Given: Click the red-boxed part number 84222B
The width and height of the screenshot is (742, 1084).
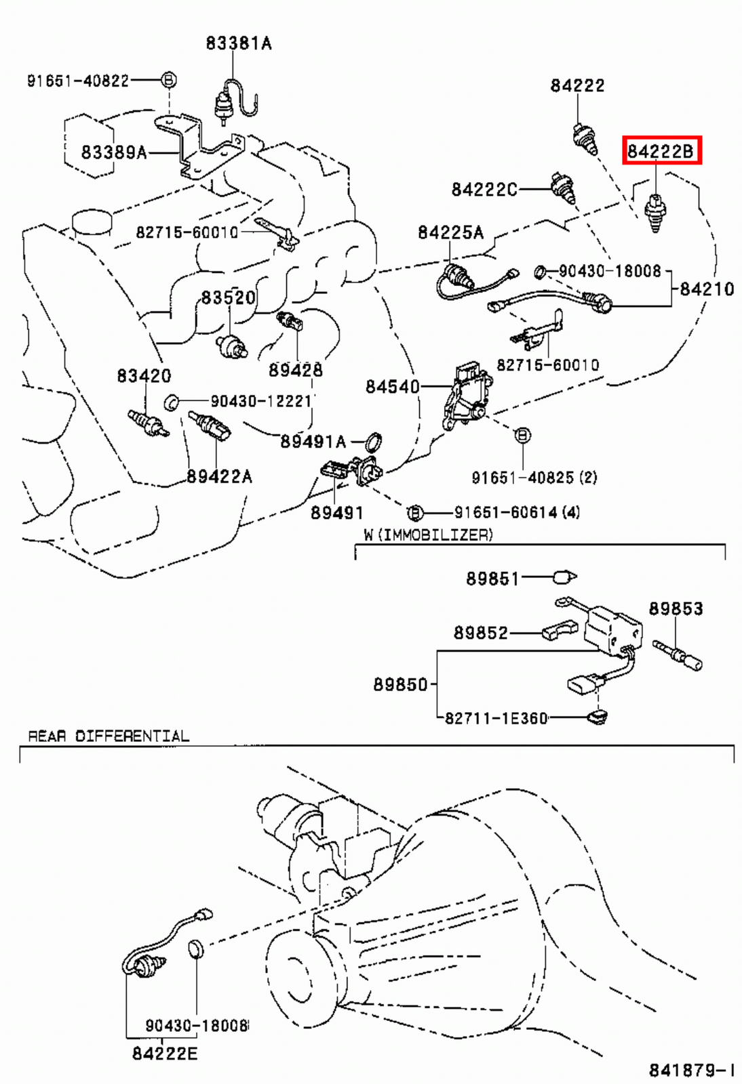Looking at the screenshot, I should point(661,150).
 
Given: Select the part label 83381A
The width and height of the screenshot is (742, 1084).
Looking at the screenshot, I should point(238,43).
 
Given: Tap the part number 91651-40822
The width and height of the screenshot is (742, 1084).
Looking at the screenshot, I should point(78,81).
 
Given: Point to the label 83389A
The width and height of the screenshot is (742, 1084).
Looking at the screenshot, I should point(113,152).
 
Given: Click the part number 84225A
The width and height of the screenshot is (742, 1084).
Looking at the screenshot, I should point(450,232).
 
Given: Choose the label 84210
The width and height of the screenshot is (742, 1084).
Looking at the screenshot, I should point(707,289).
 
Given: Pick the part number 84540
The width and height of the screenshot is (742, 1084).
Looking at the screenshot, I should point(392,386).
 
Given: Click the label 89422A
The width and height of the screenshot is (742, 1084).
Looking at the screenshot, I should point(218,476).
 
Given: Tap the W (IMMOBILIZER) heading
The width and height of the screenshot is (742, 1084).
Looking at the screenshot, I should point(428,535).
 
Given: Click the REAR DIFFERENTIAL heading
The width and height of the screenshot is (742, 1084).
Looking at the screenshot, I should point(109,736).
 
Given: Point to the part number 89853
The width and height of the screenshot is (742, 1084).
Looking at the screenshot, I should point(676,608).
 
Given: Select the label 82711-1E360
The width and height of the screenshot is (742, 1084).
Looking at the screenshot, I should point(496,717).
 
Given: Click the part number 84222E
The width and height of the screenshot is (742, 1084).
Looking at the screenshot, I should point(165,1053).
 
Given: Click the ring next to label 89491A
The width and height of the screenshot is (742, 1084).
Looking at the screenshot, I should point(373,442).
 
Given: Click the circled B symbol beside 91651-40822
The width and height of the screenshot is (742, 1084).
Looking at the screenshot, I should point(169,80).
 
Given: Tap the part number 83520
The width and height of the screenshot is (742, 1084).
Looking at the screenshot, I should point(228,297).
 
